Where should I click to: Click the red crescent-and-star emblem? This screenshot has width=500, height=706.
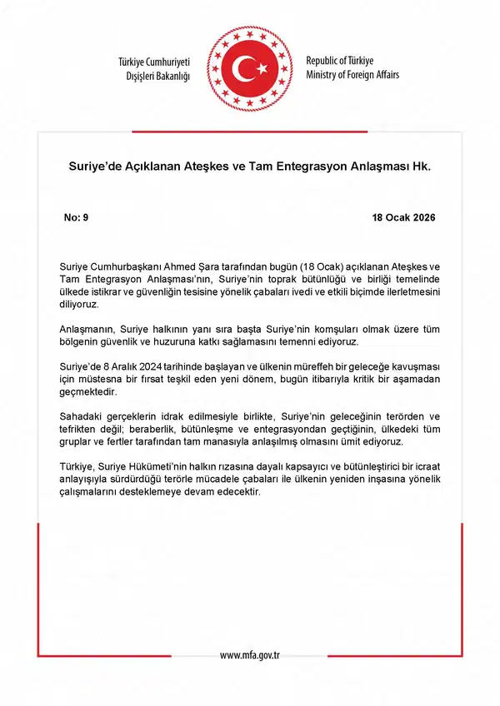(x=249, y=69)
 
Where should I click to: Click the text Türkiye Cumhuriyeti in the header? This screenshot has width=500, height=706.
(x=156, y=63)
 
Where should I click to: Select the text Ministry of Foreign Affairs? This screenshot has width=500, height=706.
(x=352, y=75)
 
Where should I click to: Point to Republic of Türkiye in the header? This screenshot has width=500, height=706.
(x=340, y=62)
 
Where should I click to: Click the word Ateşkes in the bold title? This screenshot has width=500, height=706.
(x=223, y=167)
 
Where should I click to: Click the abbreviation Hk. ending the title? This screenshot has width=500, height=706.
(x=422, y=167)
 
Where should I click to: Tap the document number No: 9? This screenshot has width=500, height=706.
(x=76, y=217)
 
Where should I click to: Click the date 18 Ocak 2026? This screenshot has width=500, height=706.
(x=403, y=217)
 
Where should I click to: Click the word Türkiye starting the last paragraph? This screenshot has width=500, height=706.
(x=80, y=469)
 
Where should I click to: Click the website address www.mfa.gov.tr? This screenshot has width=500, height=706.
(x=249, y=655)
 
